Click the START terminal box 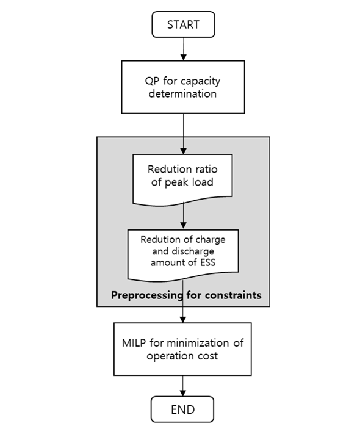point(183,24)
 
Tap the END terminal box point(182,409)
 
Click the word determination point(182,94)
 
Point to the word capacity point(201,82)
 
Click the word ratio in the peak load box point(205,170)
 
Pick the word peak point(176,182)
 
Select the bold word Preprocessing point(147,295)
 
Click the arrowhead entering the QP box point(184,57)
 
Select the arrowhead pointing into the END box point(182,393)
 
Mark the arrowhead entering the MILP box point(182,320)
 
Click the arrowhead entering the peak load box point(183,151)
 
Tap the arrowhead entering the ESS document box point(183,225)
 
